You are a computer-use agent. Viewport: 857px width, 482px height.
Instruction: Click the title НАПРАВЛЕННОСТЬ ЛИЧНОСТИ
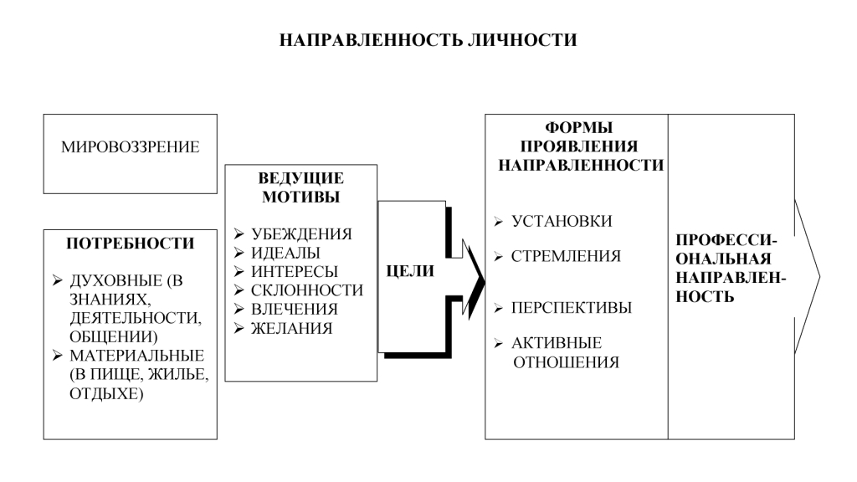click(x=428, y=40)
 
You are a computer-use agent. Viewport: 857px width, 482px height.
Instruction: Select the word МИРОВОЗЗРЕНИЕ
click(x=130, y=147)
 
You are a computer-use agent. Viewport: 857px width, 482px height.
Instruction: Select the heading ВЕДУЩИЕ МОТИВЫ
click(x=300, y=187)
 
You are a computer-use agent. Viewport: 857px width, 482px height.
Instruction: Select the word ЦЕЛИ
click(x=410, y=271)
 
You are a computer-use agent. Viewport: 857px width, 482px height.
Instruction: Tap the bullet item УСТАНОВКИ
click(x=562, y=222)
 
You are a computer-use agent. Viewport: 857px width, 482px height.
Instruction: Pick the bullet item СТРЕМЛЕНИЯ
click(x=566, y=256)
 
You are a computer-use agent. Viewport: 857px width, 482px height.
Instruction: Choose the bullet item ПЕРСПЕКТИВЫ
click(x=571, y=308)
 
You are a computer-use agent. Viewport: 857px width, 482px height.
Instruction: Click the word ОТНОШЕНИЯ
click(x=565, y=362)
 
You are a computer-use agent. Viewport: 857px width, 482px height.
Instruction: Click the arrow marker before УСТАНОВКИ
click(x=499, y=222)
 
